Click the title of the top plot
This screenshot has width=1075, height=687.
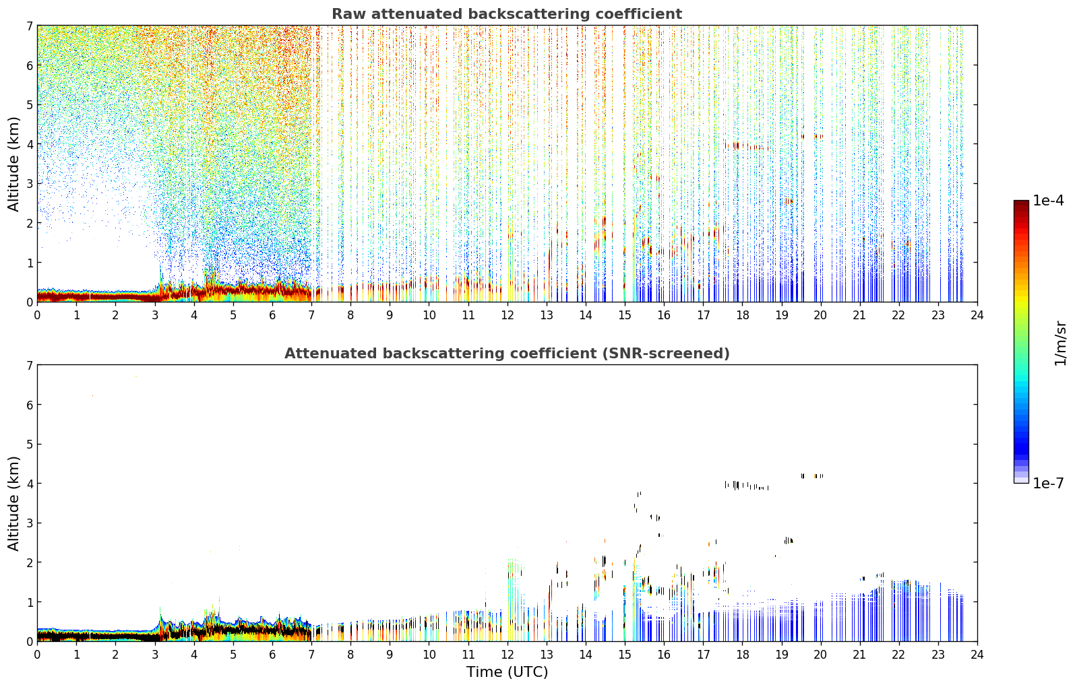coord(507,14)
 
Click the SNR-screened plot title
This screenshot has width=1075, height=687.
coord(507,353)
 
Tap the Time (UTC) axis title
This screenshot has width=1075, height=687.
coord(507,672)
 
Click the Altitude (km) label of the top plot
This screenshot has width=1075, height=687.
coord(13,164)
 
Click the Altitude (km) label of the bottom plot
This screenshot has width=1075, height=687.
coord(13,503)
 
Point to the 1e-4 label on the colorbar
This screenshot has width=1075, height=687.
coord(1048,201)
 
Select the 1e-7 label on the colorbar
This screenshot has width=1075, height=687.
coord(1048,483)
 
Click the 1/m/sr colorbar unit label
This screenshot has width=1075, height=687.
coord(1060,344)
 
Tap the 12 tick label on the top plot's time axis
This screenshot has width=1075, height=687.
coord(508,315)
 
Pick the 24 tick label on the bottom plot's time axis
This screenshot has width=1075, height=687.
coord(977,655)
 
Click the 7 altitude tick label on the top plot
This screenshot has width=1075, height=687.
coord(30,26)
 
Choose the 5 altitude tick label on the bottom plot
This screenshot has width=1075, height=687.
coord(30,445)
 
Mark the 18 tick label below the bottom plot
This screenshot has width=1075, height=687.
coord(743,655)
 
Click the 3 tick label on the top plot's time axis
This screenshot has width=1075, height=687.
coord(155,315)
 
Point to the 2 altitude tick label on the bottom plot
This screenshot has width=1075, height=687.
coord(30,563)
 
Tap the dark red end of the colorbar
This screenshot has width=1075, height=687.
coord(1021,203)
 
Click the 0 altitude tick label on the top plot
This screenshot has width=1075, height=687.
coord(30,302)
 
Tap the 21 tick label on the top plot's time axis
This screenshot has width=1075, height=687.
coord(859,315)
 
